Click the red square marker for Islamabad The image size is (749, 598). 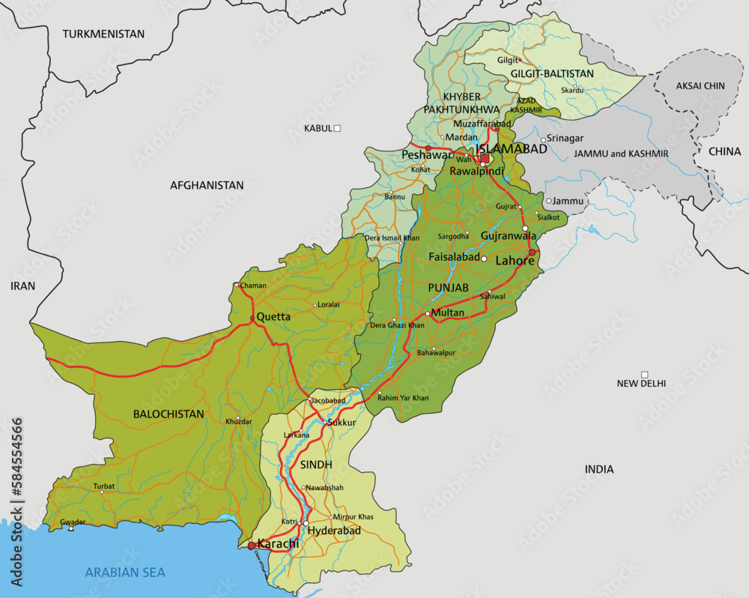pos(485,158)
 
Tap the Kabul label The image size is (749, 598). pos(318,128)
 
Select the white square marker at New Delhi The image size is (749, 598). pos(644,374)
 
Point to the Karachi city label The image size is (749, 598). pos(278,544)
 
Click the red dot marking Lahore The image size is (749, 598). pos(533,253)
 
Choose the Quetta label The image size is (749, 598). pos(273,317)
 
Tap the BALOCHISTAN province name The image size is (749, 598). pos(169,414)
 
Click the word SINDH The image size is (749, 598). pos(315,465)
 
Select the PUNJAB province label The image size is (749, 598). pos(448,288)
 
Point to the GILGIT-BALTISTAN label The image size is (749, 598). pos(552,73)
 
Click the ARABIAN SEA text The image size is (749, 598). pos(125,573)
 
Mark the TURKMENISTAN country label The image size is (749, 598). pos(103,34)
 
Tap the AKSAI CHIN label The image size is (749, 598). pos(700,85)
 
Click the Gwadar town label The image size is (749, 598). pos(73,522)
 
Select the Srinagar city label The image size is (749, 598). pos(565,138)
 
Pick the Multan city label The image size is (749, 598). pos(449,312)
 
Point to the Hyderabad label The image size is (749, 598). pos(334,531)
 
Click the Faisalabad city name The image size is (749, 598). pos(454,256)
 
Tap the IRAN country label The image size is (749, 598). pos(22,286)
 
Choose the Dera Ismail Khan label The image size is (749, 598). pos(392,238)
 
